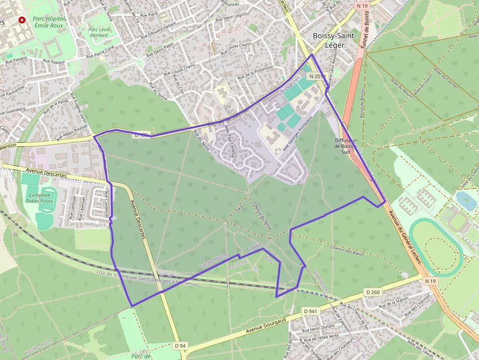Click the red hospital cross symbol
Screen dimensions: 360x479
pos(22,20)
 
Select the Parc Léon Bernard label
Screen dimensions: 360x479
pos(98,32)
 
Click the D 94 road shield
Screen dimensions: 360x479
pos(180,346)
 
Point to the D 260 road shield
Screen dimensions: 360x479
pos(373,292)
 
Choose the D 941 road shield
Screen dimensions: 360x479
pos(310,311)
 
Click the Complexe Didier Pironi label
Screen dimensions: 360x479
pos(40,198)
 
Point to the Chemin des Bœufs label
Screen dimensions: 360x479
pos(348,250)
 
